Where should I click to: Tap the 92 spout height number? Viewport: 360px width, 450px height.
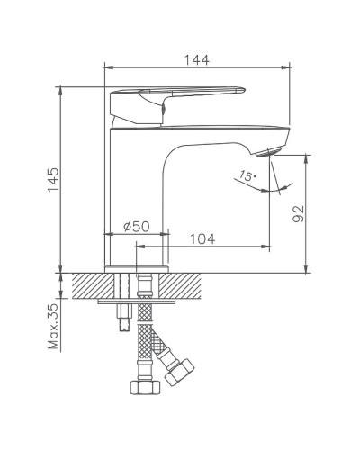pyautogui.click(x=300, y=213)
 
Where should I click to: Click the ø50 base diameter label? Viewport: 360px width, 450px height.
pyautogui.click(x=135, y=227)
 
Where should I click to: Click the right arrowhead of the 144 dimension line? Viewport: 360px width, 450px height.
pyautogui.click(x=290, y=67)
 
